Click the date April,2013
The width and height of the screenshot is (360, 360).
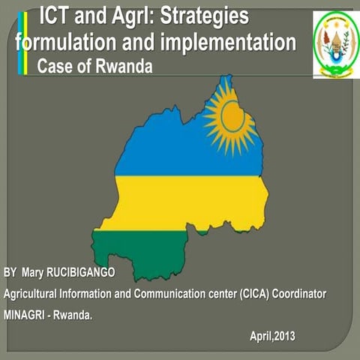coord(273,335)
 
